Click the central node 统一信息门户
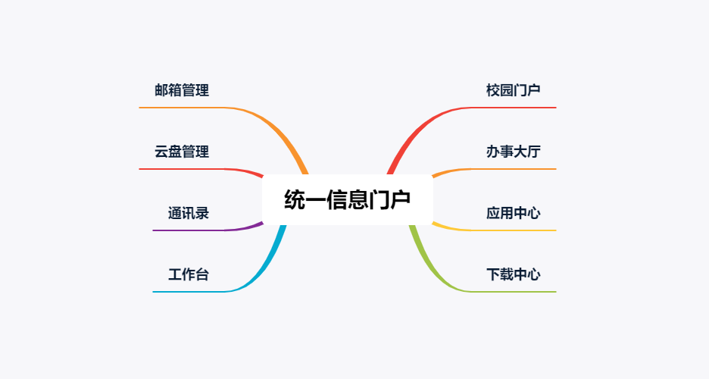click(x=347, y=199)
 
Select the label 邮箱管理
click(x=182, y=90)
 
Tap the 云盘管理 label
click(x=182, y=152)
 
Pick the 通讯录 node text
click(x=189, y=213)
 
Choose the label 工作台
click(x=189, y=274)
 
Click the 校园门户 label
click(x=514, y=90)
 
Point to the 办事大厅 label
click(x=514, y=152)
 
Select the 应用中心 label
click(x=514, y=213)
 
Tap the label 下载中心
click(x=514, y=274)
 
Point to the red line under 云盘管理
click(x=204, y=169)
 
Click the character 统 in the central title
click(x=295, y=199)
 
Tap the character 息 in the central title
click(x=358, y=199)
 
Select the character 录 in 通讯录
click(x=202, y=213)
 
